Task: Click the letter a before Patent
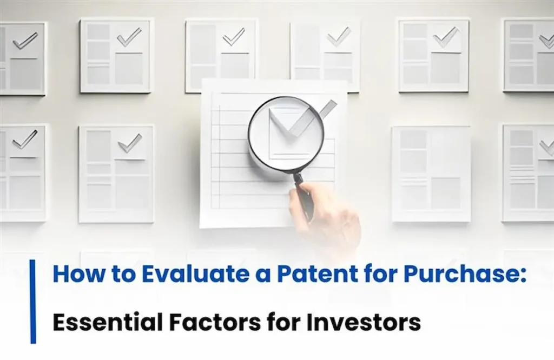(255, 275)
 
